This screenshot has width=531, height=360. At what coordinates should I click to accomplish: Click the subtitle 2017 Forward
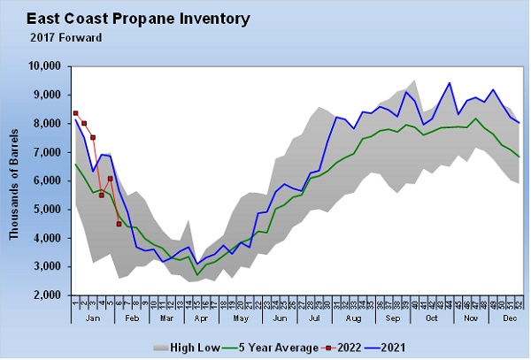(65, 37)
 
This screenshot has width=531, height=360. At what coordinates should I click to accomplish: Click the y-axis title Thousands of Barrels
(14, 181)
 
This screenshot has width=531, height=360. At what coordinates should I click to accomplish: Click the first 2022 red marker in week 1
(75, 113)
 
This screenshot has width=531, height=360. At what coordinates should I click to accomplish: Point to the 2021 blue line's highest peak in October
(450, 83)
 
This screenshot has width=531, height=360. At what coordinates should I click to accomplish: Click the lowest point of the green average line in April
(196, 274)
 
